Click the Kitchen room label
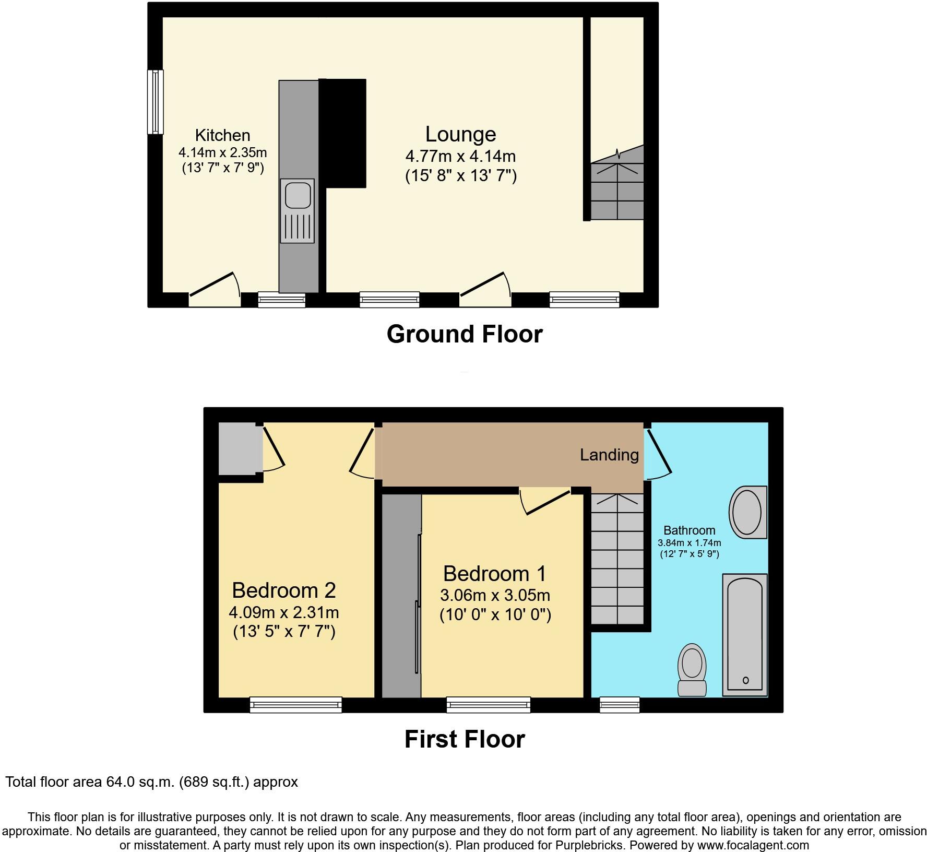pyautogui.click(x=222, y=136)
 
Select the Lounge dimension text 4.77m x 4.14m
pyautogui.click(x=460, y=156)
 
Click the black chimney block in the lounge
pyautogui.click(x=343, y=133)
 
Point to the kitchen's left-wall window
pyautogui.click(x=155, y=102)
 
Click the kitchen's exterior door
pyautogui.click(x=215, y=290)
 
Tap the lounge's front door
pyautogui.click(x=485, y=290)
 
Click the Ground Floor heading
pyautogui.click(x=465, y=334)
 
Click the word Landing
pyautogui.click(x=609, y=455)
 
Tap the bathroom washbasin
pyautogui.click(x=747, y=512)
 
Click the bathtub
pyautogui.click(x=745, y=634)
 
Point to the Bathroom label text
pyautogui.click(x=689, y=530)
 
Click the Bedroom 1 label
pyautogui.click(x=494, y=574)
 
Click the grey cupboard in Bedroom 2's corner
pyautogui.click(x=240, y=449)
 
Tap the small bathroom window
pyautogui.click(x=620, y=704)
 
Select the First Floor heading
pyautogui.click(x=465, y=739)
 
